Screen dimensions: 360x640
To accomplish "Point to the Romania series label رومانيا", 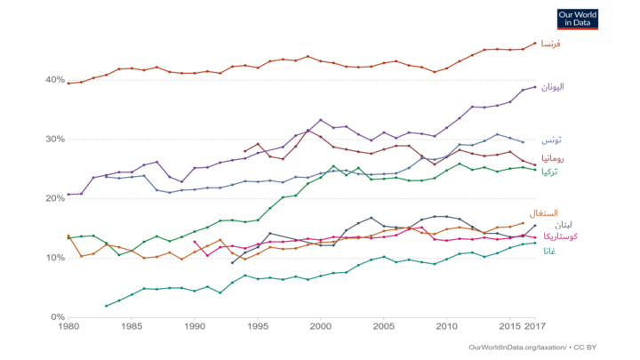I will [x=555, y=158].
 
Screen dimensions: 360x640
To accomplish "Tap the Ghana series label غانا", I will [x=551, y=252].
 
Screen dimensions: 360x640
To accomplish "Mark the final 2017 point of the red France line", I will [x=535, y=43].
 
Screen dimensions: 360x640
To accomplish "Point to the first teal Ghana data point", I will [x=106, y=306].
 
